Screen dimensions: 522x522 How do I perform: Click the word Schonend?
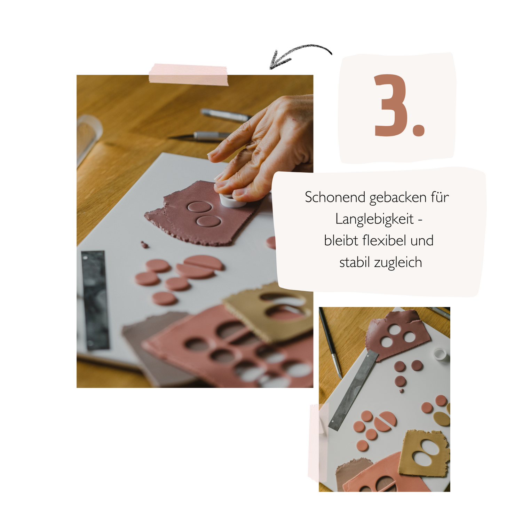(335, 197)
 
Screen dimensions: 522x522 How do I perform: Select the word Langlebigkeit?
(374, 219)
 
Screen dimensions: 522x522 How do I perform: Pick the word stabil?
(355, 262)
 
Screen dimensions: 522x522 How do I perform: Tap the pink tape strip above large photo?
(189, 74)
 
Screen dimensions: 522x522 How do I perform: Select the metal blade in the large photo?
(95, 300)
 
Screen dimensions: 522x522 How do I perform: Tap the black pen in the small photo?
(330, 343)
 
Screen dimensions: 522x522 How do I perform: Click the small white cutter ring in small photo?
(440, 354)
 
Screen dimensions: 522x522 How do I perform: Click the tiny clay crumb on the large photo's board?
(144, 245)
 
